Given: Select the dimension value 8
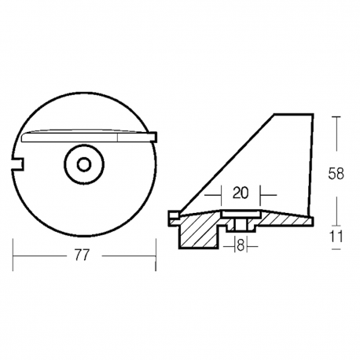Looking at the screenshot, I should point(240,246).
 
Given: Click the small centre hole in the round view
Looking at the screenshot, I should point(83,164).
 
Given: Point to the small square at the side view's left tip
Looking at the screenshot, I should point(173,213).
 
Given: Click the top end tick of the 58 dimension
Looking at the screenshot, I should point(338,115).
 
